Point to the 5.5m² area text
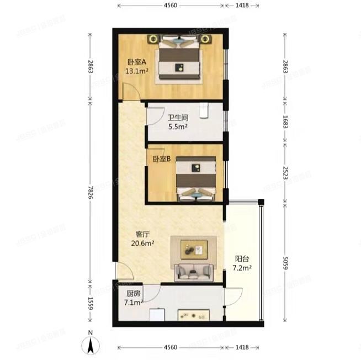coord(178,126)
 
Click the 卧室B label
coord(161,160)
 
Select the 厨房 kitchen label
coord(133,294)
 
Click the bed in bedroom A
coord(180,59)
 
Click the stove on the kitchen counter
coord(193,315)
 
